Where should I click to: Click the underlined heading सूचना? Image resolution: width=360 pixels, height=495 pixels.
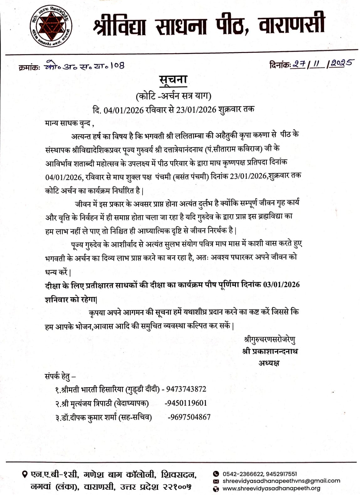coord(173,80)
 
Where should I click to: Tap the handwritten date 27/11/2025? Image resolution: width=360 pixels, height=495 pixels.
coord(322,64)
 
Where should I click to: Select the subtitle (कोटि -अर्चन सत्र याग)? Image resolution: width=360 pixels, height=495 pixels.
coord(173,96)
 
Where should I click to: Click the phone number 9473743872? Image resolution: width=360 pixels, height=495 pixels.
coord(186,389)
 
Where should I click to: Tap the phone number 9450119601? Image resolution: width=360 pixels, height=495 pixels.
coord(186,403)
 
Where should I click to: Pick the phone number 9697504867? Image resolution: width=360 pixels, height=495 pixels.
coord(189,417)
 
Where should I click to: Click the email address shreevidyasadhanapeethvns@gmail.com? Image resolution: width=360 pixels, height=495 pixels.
coord(281,481)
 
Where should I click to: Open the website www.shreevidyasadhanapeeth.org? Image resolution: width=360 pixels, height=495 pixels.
coord(271,488)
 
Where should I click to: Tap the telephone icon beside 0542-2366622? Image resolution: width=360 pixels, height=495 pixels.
coord(216,474)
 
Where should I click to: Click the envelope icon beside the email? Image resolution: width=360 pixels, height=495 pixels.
coord(216,481)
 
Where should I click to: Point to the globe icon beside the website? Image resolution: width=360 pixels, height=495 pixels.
coord(216,488)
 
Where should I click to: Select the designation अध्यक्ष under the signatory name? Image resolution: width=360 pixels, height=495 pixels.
coord(269,363)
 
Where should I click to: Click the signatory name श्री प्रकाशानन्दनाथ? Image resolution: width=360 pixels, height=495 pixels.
coord(270,351)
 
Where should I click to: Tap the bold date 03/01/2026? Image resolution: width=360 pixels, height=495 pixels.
coord(281,285)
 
